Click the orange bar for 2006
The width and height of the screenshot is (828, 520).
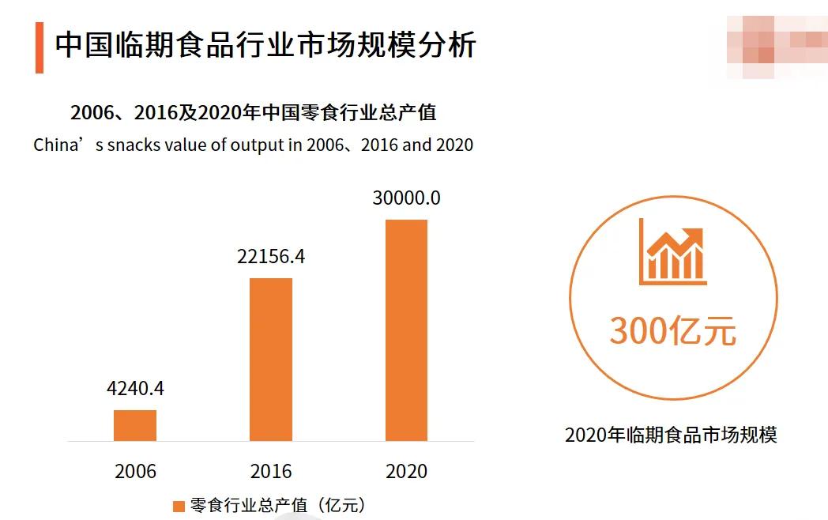coord(135,425)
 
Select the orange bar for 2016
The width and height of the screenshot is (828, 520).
coord(271,360)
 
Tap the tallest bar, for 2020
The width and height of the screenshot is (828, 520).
coord(406,330)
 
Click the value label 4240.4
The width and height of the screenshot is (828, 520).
coord(135,389)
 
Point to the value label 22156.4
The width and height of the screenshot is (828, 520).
coord(271,257)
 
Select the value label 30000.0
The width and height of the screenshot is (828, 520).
coord(406,198)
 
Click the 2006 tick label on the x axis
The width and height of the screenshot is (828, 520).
coord(135,472)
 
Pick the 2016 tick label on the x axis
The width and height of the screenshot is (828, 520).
coord(271,472)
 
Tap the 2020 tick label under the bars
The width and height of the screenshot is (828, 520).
coord(406,472)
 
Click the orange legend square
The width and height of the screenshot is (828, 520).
coord(179,506)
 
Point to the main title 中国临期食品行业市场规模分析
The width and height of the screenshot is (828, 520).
coord(265,45)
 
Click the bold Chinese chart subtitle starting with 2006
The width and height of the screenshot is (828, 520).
coord(253,113)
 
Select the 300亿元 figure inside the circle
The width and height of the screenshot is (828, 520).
coord(672,331)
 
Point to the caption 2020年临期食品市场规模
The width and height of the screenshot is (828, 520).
coord(671,435)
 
